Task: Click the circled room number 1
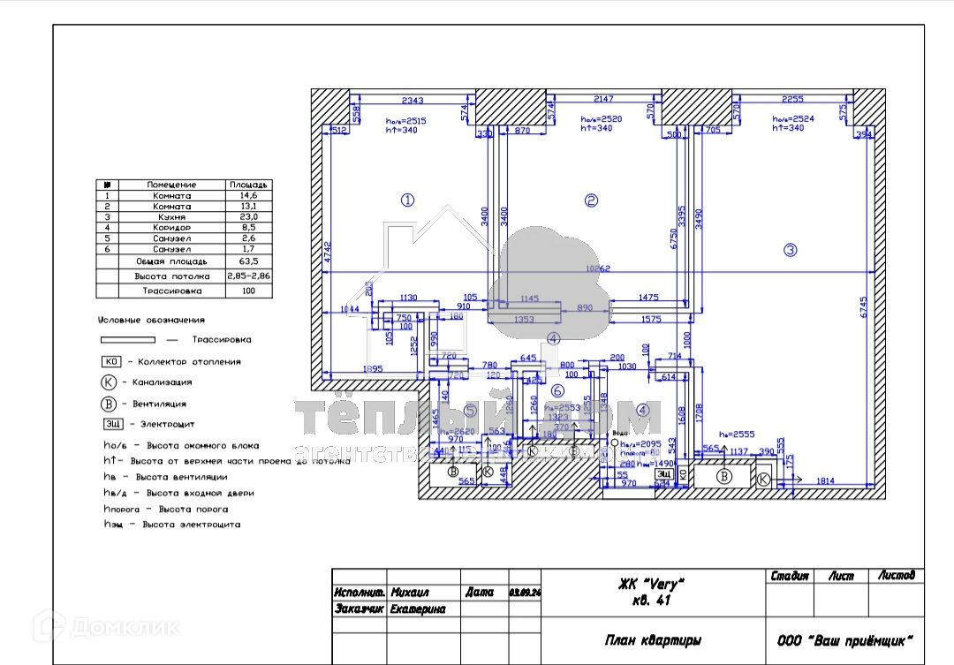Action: [407, 200]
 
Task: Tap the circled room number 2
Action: [592, 200]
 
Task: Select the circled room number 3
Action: [791, 251]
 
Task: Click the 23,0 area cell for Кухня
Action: [249, 217]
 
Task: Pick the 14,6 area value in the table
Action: [249, 196]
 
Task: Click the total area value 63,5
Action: [249, 262]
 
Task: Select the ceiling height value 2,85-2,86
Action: [249, 276]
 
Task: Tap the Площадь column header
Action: [249, 185]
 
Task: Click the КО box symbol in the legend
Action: [111, 362]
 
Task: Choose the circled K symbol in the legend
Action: [109, 382]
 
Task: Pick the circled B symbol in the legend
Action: [109, 404]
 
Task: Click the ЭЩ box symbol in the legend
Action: [111, 425]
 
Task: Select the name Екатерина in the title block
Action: [418, 609]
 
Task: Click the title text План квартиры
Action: [653, 641]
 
